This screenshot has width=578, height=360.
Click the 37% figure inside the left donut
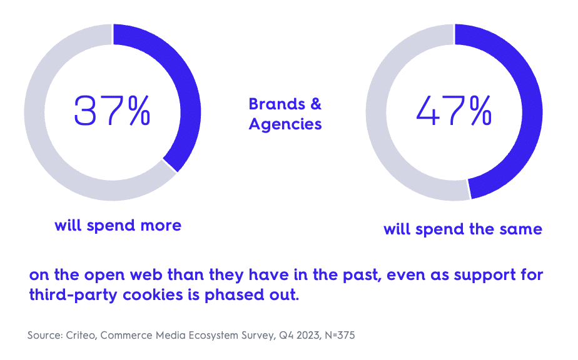pyautogui.click(x=113, y=111)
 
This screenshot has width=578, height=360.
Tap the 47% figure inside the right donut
pyautogui.click(x=454, y=111)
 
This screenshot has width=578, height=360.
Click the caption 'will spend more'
pyautogui.click(x=118, y=225)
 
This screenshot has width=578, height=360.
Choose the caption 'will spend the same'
pyautogui.click(x=462, y=229)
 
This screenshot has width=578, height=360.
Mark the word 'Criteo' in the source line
pyautogui.click(x=79, y=336)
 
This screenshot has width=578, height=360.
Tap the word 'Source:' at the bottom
pyautogui.click(x=44, y=336)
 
